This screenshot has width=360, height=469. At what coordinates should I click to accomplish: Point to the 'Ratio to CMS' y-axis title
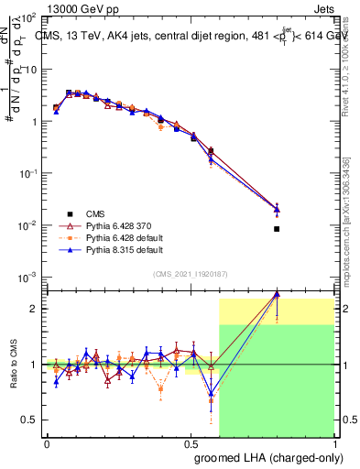[x=14, y=365]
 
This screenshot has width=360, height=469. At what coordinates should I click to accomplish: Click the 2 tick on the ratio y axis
[x=34, y=309]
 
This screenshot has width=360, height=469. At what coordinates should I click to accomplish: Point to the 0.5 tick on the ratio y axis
[x=30, y=420]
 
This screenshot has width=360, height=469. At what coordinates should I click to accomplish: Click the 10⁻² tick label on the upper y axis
[x=27, y=225]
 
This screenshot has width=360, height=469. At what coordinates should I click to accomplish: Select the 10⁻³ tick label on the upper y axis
[x=27, y=277]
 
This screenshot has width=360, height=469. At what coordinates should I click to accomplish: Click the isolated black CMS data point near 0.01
[x=277, y=229]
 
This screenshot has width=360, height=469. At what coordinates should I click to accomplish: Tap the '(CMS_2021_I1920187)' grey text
[x=190, y=273]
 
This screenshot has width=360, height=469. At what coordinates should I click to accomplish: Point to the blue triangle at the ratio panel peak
[x=277, y=294]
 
